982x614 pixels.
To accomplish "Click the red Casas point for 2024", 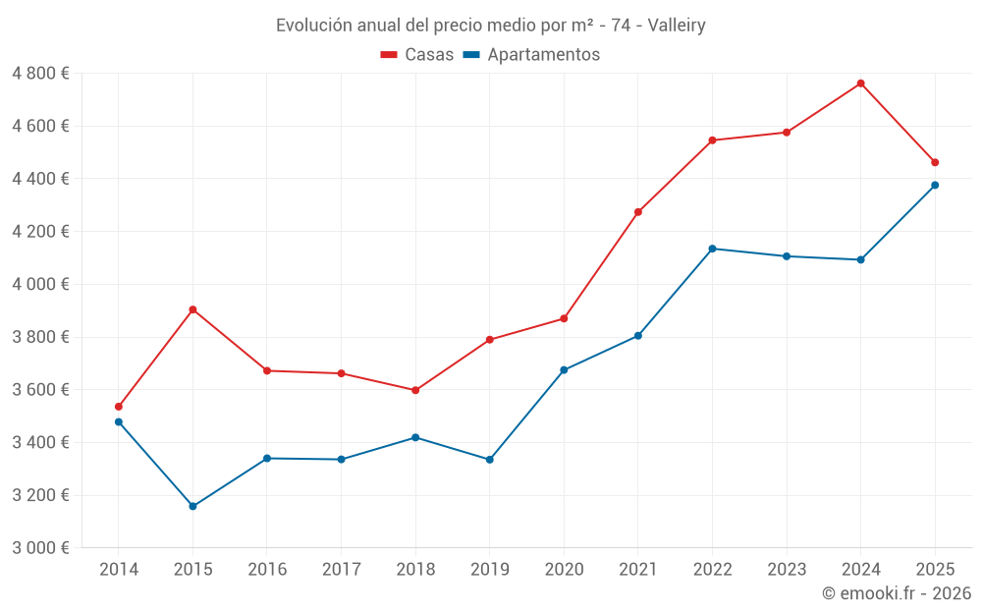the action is tap(860, 84).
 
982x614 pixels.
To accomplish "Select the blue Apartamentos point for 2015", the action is tap(192, 506).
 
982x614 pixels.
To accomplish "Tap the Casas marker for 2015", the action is tap(192, 309).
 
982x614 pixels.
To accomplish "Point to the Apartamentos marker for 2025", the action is tap(935, 186).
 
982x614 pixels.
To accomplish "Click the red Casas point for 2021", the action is tap(638, 212).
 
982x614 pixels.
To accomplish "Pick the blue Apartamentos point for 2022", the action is tap(712, 249).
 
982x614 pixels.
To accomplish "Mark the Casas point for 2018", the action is tap(415, 390).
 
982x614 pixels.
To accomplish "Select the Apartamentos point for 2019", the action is tap(490, 460).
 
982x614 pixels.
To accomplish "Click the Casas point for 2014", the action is tap(119, 407).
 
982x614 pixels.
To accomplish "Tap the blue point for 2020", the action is tap(564, 370).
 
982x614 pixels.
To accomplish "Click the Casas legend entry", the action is tap(417, 54).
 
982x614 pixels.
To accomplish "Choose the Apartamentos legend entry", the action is tap(531, 54).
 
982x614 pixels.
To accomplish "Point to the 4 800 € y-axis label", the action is tap(40, 74).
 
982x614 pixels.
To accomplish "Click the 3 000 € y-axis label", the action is tap(40, 548).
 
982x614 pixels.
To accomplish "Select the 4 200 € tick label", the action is tap(40, 232).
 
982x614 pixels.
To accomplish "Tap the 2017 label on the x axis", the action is tap(342, 570).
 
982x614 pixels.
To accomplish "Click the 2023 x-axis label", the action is tap(787, 570).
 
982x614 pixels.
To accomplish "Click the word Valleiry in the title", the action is tap(677, 26).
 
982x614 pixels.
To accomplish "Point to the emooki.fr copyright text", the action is tap(897, 592).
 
